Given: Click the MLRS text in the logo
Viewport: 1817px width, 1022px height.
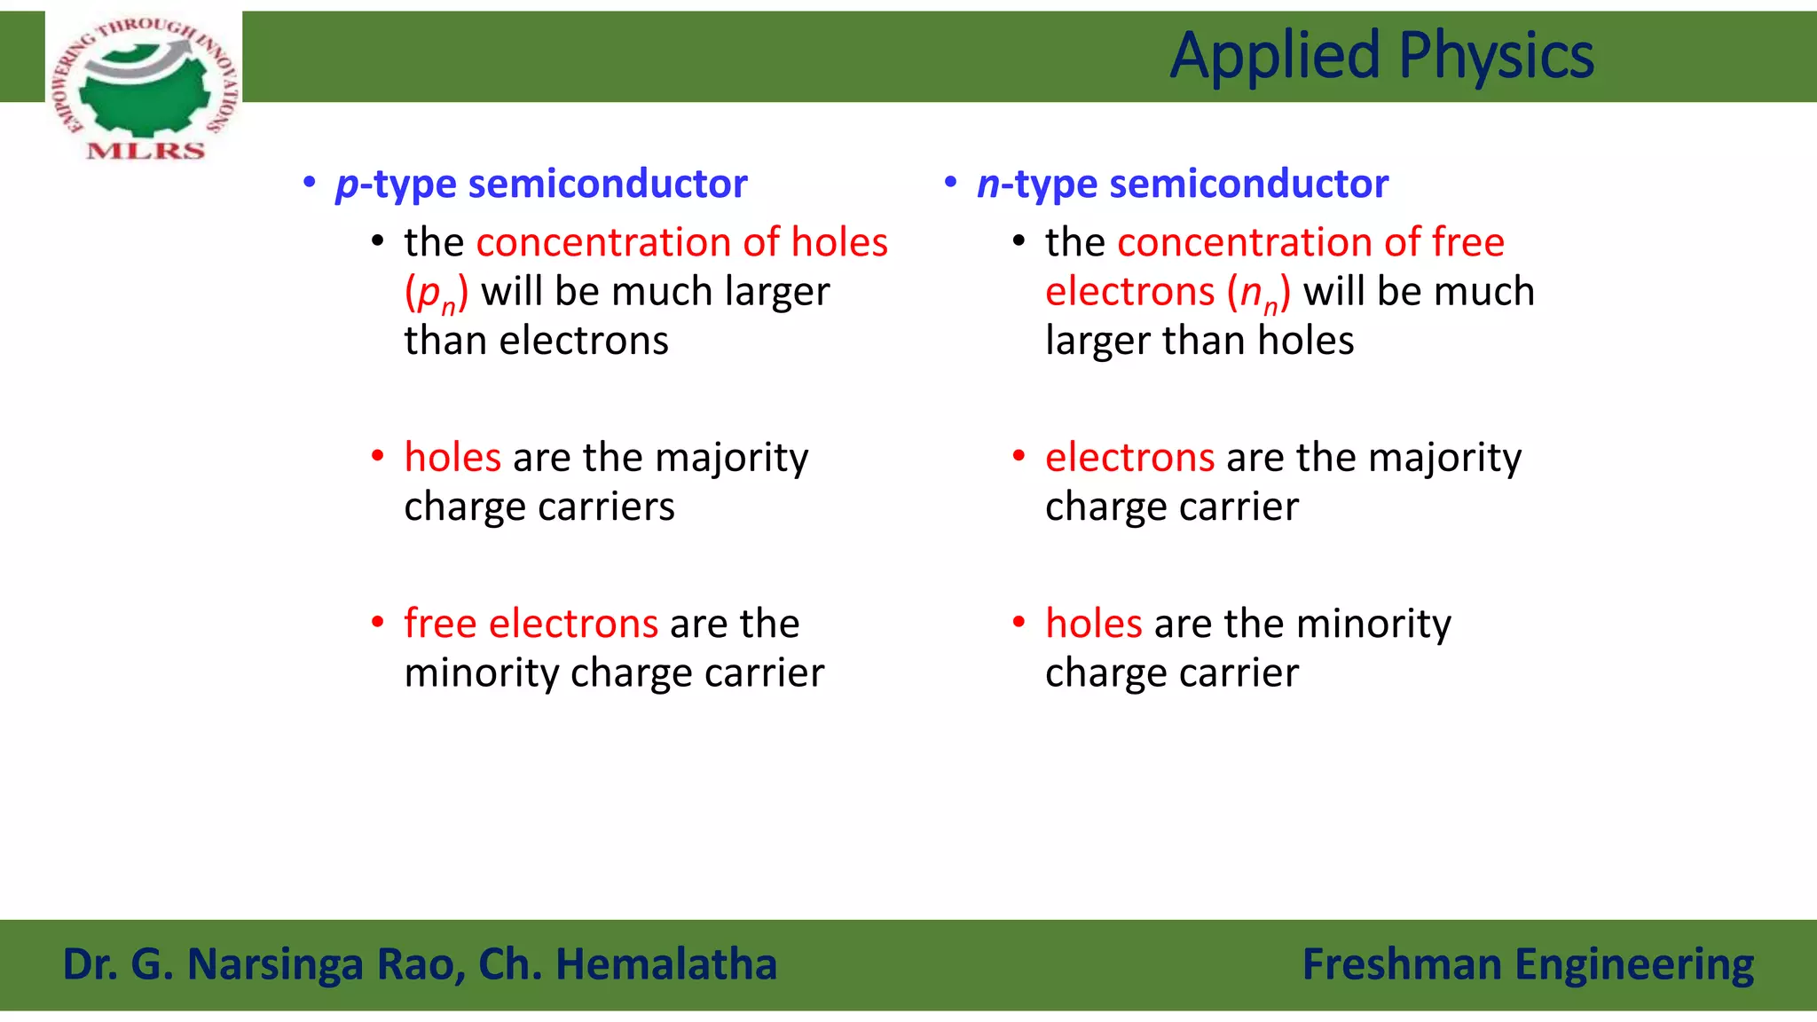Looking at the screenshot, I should point(146,150).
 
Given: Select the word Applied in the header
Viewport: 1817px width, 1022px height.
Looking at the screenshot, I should point(1275,56).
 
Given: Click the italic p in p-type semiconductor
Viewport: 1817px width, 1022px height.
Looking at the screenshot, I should point(347,185).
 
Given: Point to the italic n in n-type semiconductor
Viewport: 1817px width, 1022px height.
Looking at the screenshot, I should point(987,185).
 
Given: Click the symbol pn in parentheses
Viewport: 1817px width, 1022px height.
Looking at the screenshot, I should point(436,294).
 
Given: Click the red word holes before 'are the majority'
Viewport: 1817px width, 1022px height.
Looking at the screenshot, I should point(452,458).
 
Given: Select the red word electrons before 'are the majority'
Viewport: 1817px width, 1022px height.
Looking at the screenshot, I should point(1129,458).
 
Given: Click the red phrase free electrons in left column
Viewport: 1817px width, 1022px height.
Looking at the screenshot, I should point(531,624).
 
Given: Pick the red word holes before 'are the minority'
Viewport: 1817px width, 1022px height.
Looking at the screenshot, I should point(1093,624).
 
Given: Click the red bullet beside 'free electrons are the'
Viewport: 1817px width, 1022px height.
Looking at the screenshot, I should point(378,623).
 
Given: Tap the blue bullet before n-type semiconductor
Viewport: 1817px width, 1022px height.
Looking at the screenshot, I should point(951,183).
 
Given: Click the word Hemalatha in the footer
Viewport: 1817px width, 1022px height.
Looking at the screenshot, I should point(665,964).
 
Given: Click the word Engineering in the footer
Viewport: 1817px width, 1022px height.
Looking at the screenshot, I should point(1633,964).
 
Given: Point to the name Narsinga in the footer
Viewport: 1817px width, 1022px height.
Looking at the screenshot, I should point(275,964).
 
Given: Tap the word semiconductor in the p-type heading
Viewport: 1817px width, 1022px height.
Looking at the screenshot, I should point(608,184).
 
